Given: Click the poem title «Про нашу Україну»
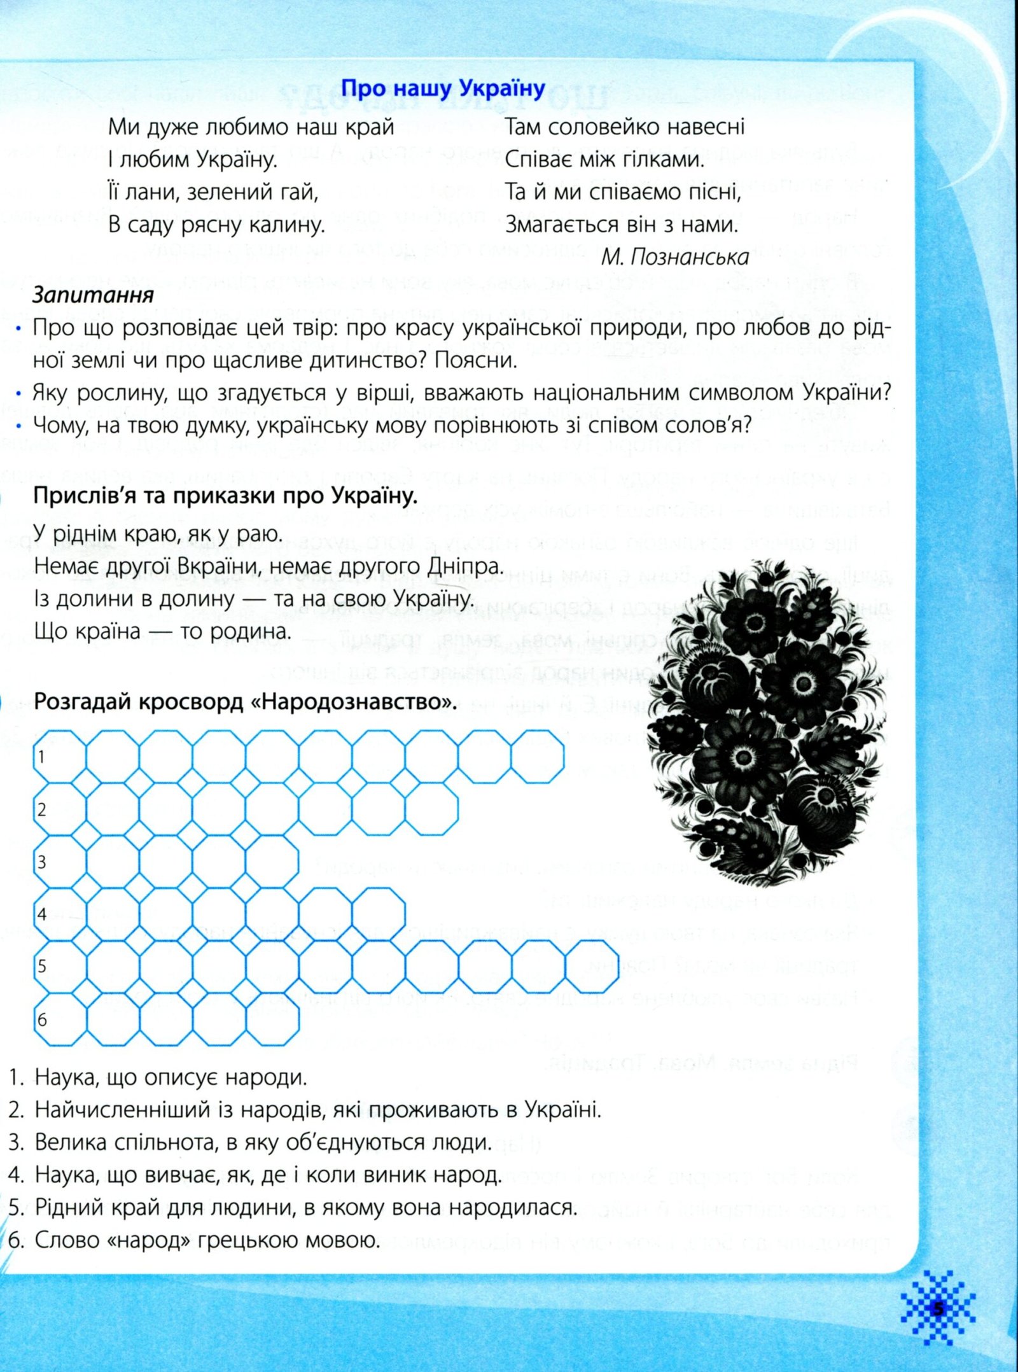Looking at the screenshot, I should pyautogui.click(x=443, y=88).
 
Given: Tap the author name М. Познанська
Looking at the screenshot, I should pyautogui.click(x=674, y=257).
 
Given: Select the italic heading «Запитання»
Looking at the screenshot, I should pyautogui.click(x=93, y=295).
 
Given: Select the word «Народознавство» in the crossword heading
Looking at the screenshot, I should pyautogui.click(x=352, y=701).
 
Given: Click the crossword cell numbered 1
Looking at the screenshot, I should pyautogui.click(x=59, y=757).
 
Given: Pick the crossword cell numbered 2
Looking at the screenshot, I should pyautogui.click(x=59, y=809).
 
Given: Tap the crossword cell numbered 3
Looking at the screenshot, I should pyautogui.click(x=59, y=862).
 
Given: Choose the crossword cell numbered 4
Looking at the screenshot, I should pyautogui.click(x=59, y=914).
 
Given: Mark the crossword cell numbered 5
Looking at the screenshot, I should pyautogui.click(x=59, y=967).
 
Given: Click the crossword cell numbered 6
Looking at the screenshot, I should pyautogui.click(x=59, y=1019).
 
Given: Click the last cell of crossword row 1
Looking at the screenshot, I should pyautogui.click(x=538, y=757).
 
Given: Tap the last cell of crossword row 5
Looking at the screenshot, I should pyautogui.click(x=592, y=967).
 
